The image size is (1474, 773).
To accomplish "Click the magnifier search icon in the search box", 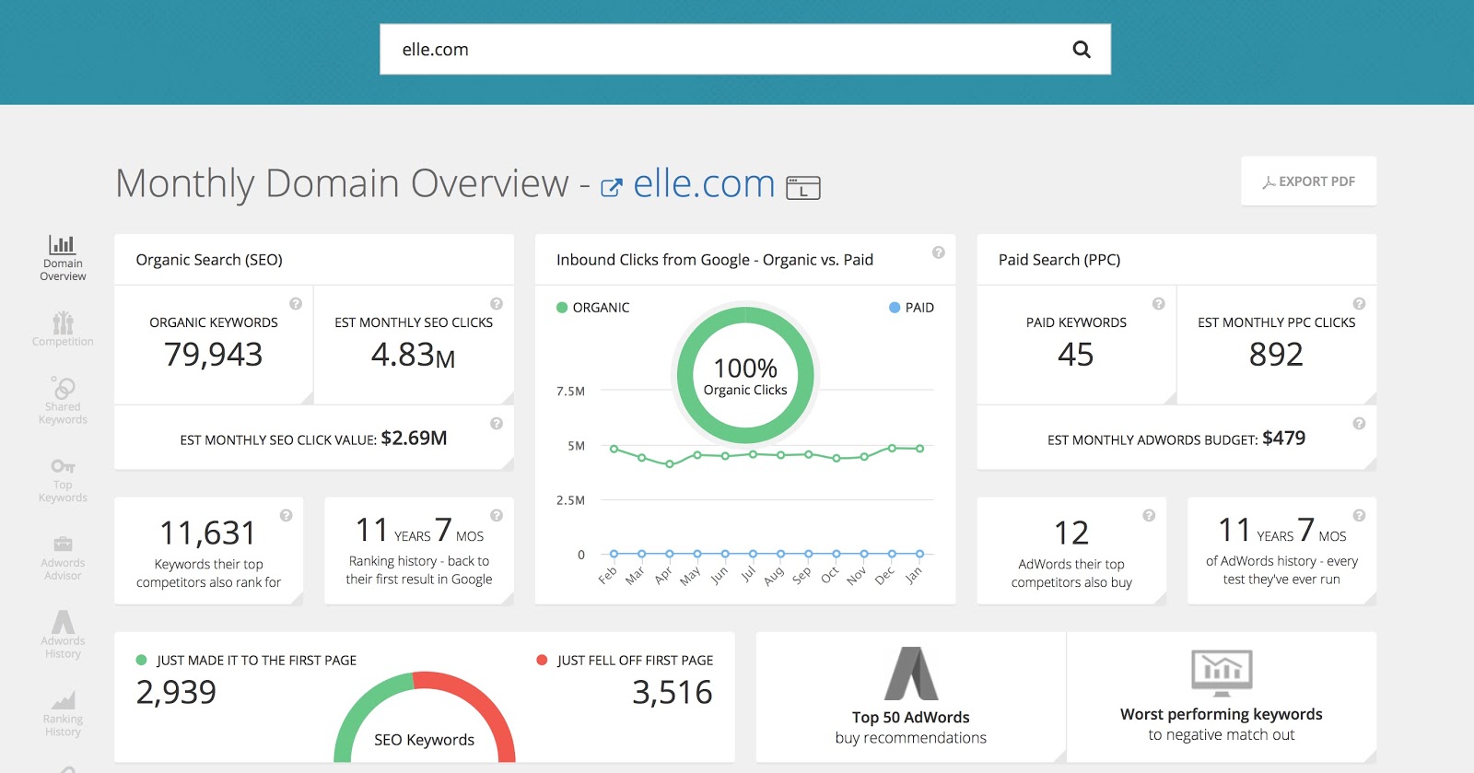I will [x=1082, y=50].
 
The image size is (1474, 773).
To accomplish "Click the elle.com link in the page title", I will [x=704, y=184].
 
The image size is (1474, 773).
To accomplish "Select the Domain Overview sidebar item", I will [x=63, y=257].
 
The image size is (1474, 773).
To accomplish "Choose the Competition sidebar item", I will [x=63, y=329].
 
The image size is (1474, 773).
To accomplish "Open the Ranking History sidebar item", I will [x=63, y=714].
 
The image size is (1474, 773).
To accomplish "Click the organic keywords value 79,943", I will [x=214, y=355].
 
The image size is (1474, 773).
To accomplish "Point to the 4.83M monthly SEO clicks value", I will [x=413, y=355].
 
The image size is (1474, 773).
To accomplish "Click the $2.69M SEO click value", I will [x=414, y=439].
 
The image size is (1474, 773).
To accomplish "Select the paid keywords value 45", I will [x=1076, y=355].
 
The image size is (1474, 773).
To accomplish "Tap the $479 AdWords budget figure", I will [x=1283, y=439].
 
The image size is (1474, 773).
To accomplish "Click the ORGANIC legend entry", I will [x=593, y=308].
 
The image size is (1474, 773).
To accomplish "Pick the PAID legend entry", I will [x=911, y=308].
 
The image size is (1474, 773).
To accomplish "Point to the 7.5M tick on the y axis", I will [x=570, y=392].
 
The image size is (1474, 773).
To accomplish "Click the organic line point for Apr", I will [x=670, y=464].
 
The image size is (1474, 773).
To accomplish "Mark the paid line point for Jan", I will [x=919, y=554].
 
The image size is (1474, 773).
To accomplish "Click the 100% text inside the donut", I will [x=745, y=369].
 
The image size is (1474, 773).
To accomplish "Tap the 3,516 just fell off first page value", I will [x=672, y=693].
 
